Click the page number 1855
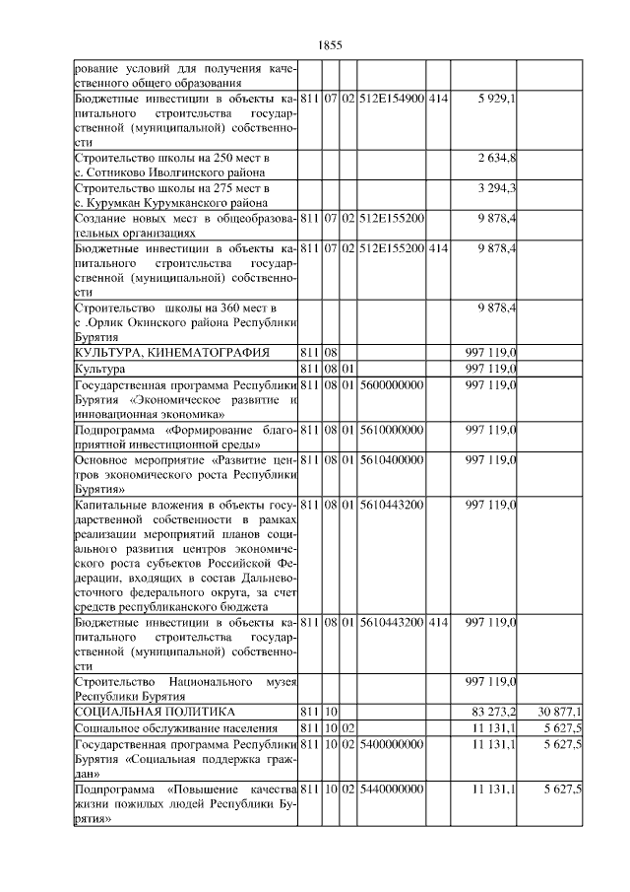[330, 44]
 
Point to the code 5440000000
[391, 789]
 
